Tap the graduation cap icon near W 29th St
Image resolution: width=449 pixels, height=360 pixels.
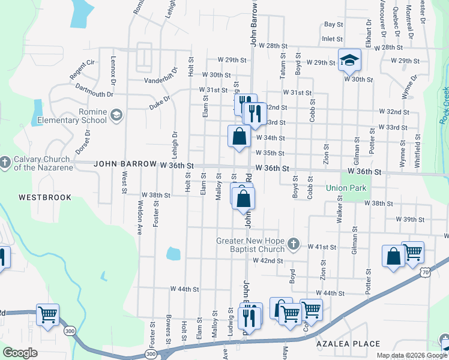[349, 60]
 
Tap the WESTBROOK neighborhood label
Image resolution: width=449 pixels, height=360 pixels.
[44, 197]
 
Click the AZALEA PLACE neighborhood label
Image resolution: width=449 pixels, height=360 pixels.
[348, 344]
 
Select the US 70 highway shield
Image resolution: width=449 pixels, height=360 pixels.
[424, 273]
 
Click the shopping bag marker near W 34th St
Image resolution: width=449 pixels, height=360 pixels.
[239, 136]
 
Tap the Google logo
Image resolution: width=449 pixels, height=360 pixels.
[20, 352]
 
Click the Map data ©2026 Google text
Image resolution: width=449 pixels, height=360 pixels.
[411, 355]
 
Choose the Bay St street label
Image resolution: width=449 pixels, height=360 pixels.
[333, 25]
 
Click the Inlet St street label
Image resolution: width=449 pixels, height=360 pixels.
[332, 38]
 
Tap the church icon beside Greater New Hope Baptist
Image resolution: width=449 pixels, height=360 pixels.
[293, 243]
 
